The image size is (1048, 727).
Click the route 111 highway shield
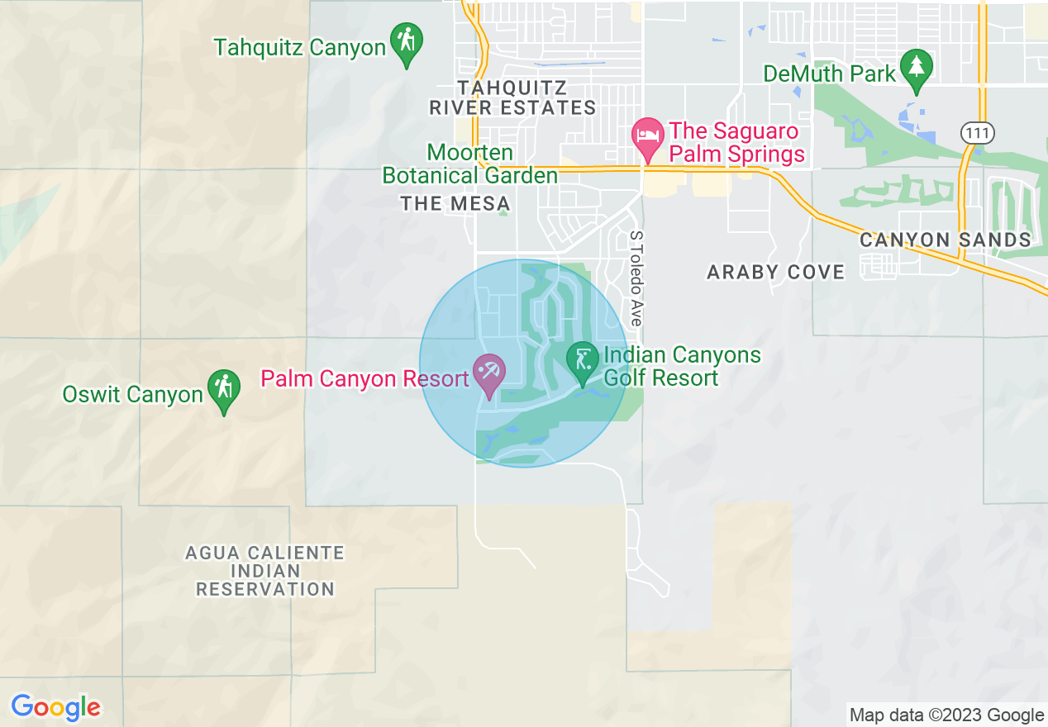978,132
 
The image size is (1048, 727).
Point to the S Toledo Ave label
636,278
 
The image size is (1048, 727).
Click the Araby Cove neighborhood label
776,272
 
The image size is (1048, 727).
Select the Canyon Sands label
946,240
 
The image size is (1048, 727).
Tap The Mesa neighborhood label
455,203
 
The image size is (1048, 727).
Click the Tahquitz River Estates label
512,97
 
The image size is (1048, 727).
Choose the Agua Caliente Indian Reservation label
264,571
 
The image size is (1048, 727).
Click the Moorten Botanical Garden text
469,164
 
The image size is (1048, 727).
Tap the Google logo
55,707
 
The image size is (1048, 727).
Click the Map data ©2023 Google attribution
947,715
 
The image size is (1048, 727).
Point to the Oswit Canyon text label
132,394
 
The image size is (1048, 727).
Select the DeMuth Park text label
829,74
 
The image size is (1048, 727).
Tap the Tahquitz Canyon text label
300,47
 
